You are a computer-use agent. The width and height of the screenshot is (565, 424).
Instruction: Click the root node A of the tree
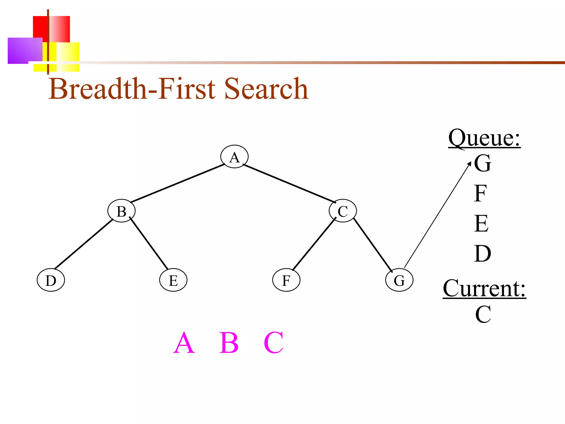click(234, 157)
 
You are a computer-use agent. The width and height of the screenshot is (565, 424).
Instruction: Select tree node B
click(121, 211)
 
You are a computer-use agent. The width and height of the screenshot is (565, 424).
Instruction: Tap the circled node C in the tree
click(343, 211)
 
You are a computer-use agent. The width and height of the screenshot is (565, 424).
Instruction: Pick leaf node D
click(51, 280)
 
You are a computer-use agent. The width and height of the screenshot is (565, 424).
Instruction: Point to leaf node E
click(173, 280)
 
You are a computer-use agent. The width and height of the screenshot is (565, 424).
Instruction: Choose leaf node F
click(286, 280)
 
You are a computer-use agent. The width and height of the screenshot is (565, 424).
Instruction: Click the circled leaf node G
click(399, 280)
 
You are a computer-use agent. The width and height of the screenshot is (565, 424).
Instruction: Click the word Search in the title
click(266, 89)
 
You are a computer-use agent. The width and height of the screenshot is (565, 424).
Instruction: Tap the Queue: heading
click(484, 138)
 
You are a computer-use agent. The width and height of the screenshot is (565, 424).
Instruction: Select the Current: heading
click(484, 288)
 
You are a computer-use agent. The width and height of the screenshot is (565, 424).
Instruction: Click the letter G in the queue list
click(483, 163)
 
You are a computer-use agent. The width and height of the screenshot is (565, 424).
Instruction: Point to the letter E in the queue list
click(481, 223)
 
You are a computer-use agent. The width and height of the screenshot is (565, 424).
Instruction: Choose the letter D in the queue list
click(483, 253)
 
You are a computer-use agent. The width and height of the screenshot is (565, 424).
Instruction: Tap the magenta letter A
click(184, 343)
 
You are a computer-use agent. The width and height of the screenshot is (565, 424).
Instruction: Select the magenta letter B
click(229, 343)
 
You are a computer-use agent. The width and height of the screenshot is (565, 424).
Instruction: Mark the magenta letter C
click(273, 343)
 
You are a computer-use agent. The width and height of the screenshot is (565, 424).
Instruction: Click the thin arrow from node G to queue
click(437, 215)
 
